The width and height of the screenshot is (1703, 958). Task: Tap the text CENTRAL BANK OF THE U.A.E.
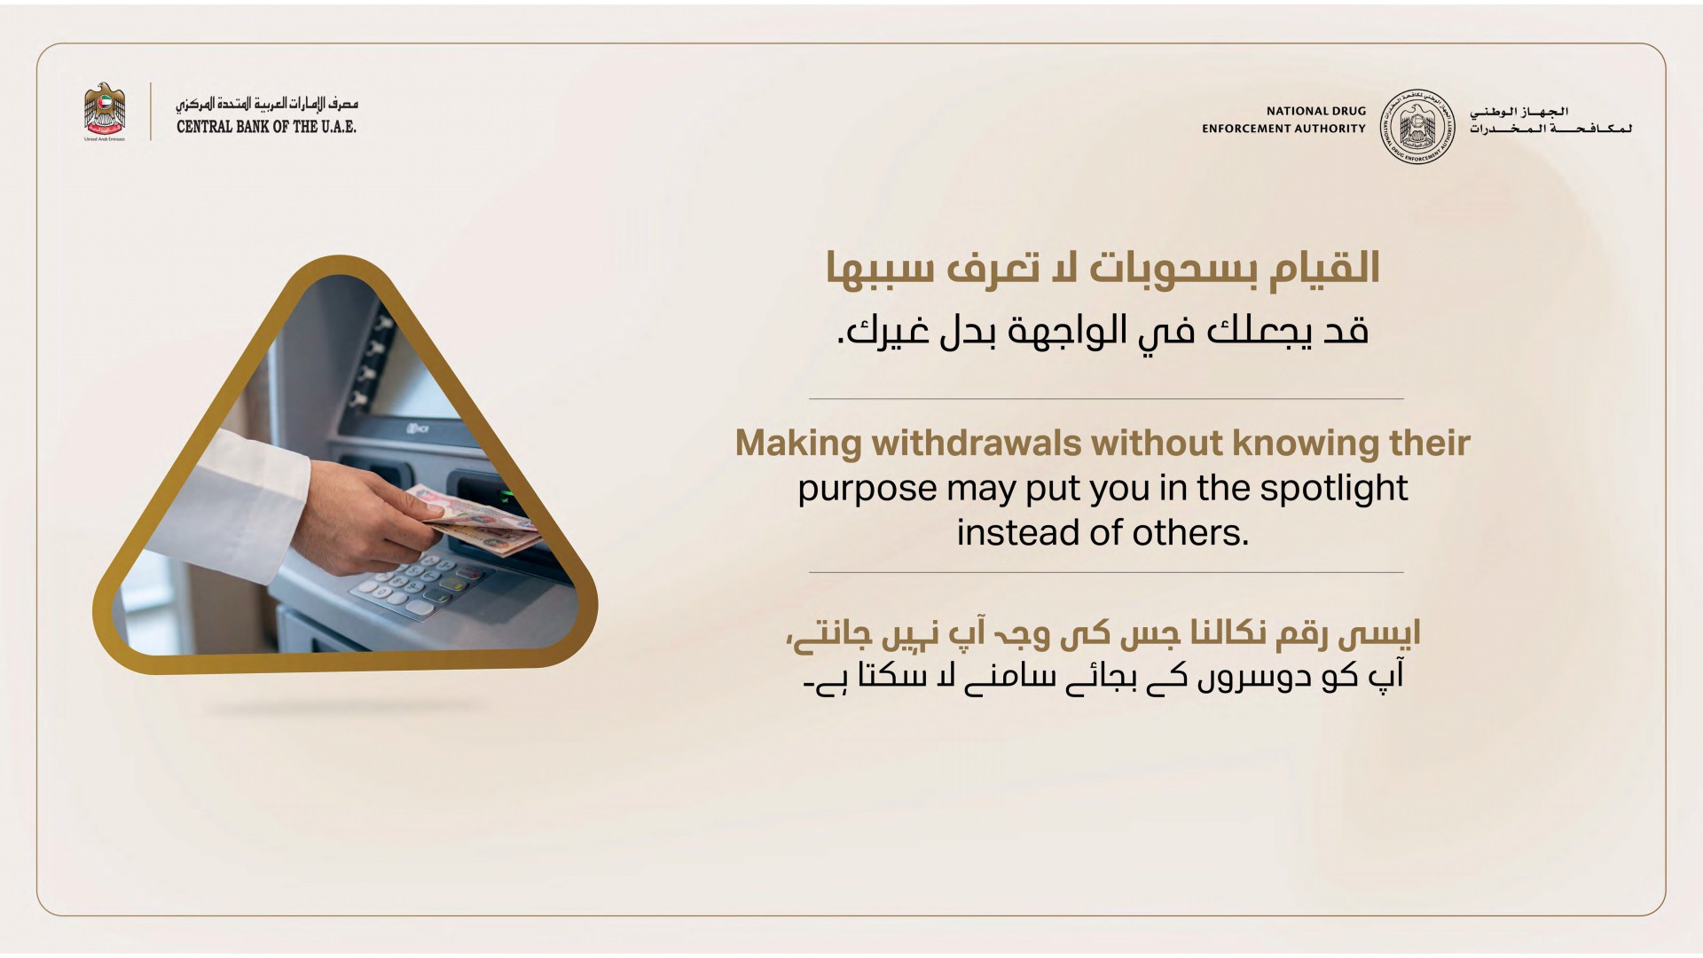click(x=266, y=127)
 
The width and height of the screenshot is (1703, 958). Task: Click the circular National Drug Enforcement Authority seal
click(x=1417, y=127)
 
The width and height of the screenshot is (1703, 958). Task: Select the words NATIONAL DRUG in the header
click(x=1316, y=112)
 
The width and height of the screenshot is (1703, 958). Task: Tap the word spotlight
click(x=1334, y=489)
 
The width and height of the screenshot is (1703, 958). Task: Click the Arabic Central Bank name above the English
click(x=266, y=105)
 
